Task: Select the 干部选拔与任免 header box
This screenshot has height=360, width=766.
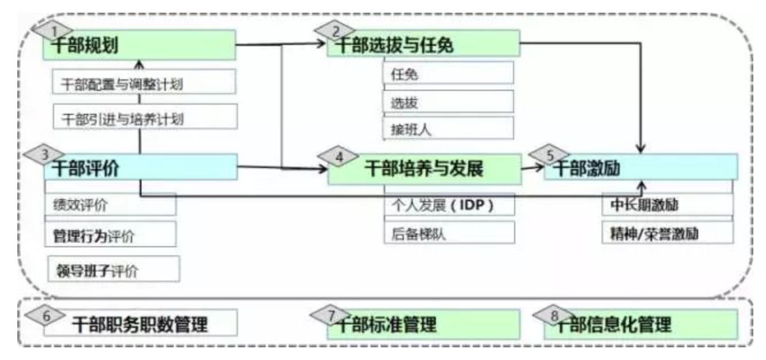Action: (x=423, y=45)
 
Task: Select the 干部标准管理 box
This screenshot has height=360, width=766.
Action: (x=423, y=325)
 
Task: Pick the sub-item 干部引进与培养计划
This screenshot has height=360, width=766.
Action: (x=144, y=118)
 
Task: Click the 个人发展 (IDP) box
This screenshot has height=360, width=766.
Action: (x=449, y=205)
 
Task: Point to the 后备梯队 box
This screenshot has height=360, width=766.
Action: (x=449, y=233)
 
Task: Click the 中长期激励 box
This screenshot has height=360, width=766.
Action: (x=667, y=205)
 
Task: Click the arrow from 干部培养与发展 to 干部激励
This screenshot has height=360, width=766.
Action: (x=531, y=168)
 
